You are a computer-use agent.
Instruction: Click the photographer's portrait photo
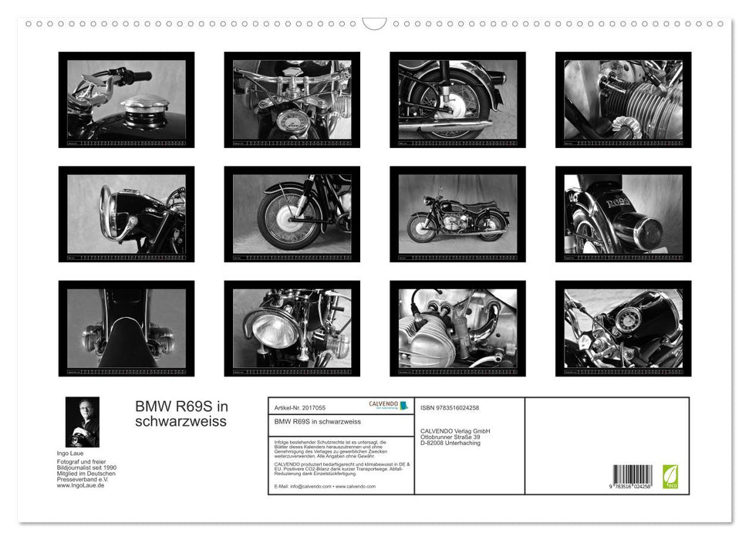(x=82, y=422)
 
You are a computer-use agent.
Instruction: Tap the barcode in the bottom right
(x=630, y=476)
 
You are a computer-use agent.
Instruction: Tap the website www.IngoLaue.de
(x=81, y=484)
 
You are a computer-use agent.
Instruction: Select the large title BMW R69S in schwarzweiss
(x=182, y=414)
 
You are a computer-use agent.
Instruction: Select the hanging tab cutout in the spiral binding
(x=374, y=24)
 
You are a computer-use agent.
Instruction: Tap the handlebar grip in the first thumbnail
(x=138, y=76)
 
